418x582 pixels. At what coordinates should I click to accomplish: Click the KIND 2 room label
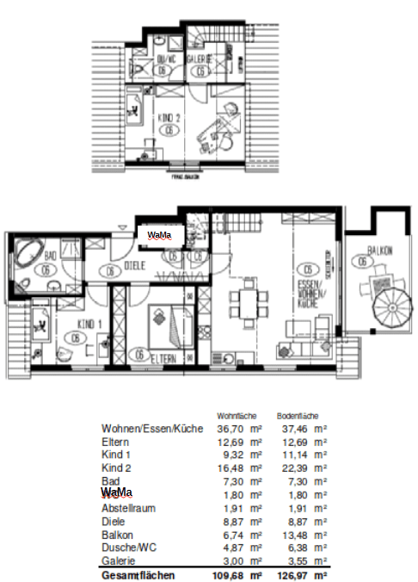tap(169, 117)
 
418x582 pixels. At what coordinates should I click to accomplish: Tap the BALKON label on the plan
tap(379, 251)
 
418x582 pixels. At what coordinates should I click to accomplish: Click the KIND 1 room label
tap(89, 324)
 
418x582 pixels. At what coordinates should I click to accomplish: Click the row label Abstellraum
tap(129, 509)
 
